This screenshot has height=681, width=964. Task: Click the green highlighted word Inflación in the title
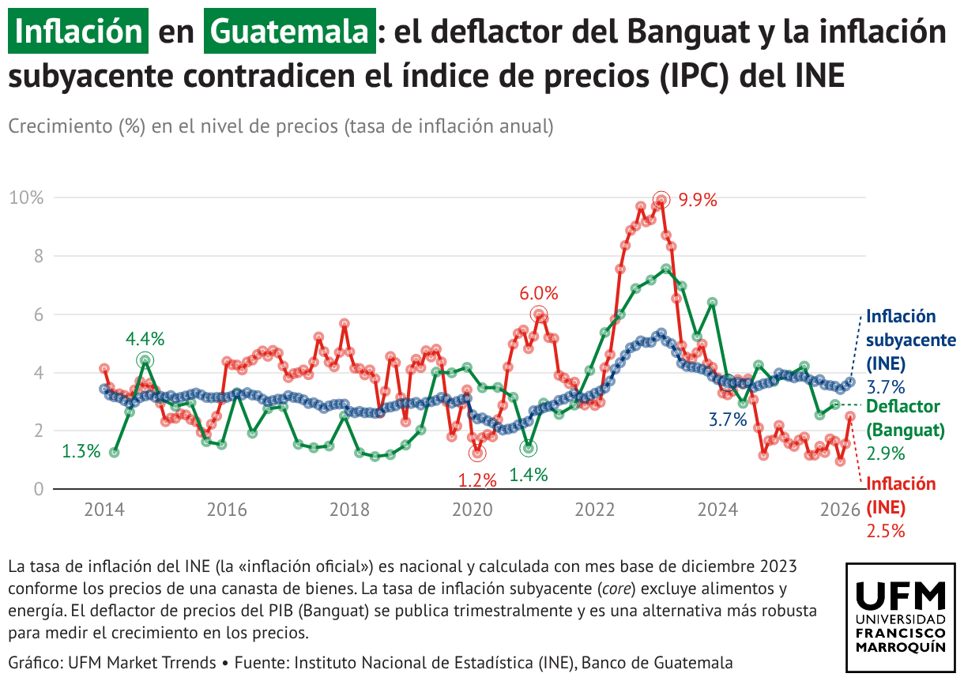[x=78, y=32]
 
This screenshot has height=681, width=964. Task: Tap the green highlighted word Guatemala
[x=289, y=32]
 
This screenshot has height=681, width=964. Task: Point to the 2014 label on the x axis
[x=103, y=510]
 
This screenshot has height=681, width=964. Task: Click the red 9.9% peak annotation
[x=698, y=200]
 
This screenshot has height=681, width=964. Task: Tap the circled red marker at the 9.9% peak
[x=661, y=200]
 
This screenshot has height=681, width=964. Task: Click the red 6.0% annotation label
[x=538, y=294]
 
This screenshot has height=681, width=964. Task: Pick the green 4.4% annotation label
[x=145, y=339]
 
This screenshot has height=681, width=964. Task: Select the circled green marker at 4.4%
[x=145, y=360]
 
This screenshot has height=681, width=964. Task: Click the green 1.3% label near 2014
[x=81, y=452]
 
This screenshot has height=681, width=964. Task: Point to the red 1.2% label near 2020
[x=477, y=480]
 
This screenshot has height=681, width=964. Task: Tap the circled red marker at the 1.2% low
[x=476, y=453]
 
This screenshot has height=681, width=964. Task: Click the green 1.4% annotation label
[x=529, y=475]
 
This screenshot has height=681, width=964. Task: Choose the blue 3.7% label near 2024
[x=727, y=420]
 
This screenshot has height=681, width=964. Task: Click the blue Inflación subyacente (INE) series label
[x=910, y=340]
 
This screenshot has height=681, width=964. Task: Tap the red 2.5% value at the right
[x=885, y=531]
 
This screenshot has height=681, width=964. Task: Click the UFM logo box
[x=900, y=618]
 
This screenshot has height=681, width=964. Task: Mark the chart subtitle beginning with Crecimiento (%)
[x=280, y=126]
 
